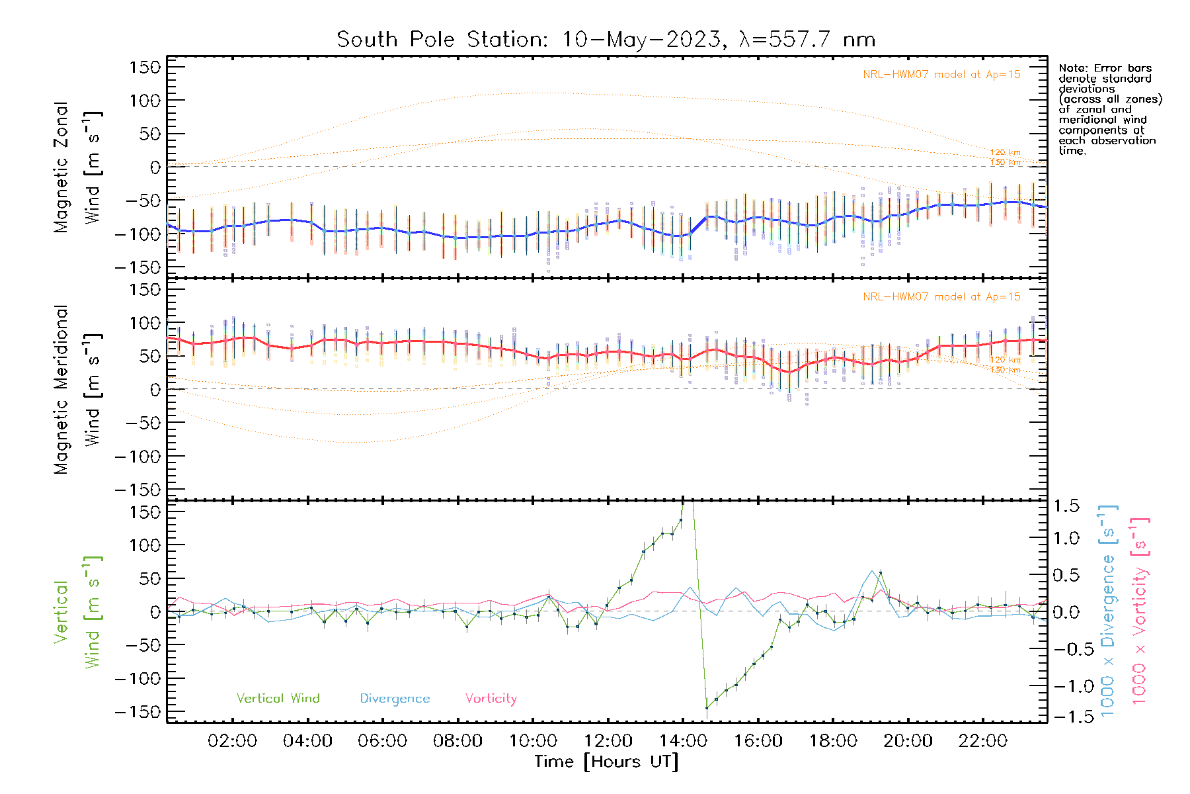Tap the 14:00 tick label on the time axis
(683, 741)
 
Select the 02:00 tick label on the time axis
(232, 741)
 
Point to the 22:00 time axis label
(982, 741)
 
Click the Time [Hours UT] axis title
(606, 762)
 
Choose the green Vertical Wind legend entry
(278, 699)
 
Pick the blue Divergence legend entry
(395, 699)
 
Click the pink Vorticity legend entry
(491, 699)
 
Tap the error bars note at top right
(1109, 109)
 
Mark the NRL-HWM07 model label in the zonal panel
(941, 75)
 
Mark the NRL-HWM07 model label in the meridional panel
(941, 297)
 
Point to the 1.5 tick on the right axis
(1066, 506)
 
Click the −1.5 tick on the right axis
(1070, 717)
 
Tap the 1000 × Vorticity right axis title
(1139, 611)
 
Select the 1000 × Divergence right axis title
(1107, 611)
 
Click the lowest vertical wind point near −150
(707, 708)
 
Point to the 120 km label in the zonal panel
(1005, 152)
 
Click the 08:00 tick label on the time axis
(457, 741)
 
